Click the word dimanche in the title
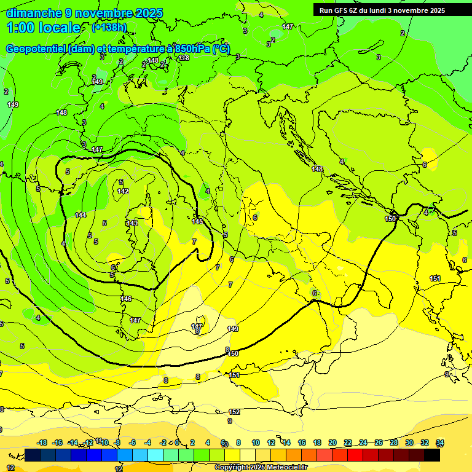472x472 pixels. (34, 13)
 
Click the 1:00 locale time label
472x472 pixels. (44, 28)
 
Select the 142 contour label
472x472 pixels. (123, 191)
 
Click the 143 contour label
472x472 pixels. (132, 223)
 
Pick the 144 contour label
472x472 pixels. (81, 214)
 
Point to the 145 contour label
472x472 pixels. (197, 221)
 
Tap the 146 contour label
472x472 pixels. (126, 299)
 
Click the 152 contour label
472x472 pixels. (234, 412)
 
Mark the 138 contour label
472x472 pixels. (184, 58)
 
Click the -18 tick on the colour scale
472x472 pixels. (42, 442)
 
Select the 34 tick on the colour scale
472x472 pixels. (440, 442)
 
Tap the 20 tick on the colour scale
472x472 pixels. (332, 442)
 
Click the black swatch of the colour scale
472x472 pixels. (432, 455)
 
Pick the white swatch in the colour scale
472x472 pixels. (248, 455)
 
